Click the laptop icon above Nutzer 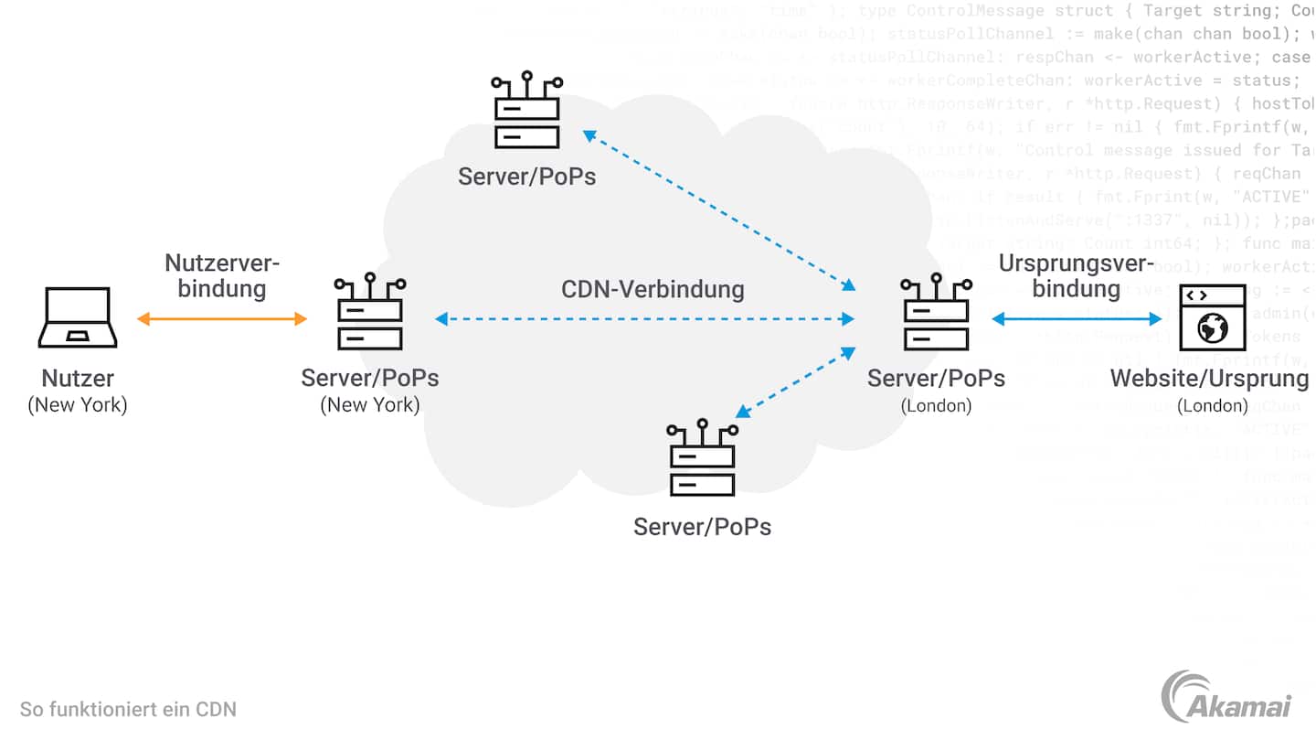[78, 317]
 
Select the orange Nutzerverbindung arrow [222, 319]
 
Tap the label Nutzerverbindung [222, 275]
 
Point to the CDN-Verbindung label [653, 290]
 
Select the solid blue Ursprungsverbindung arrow [1077, 319]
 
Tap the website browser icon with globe [1213, 317]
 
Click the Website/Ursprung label [1209, 378]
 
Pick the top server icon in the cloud [527, 111]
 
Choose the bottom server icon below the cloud [702, 458]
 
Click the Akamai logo [1226, 698]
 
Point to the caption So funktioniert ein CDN [128, 709]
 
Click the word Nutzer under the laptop [78, 378]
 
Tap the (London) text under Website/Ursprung [1212, 405]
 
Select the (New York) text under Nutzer [78, 404]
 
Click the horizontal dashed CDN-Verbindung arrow [644, 319]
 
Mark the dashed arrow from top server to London [719, 210]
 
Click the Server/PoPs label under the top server [527, 176]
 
